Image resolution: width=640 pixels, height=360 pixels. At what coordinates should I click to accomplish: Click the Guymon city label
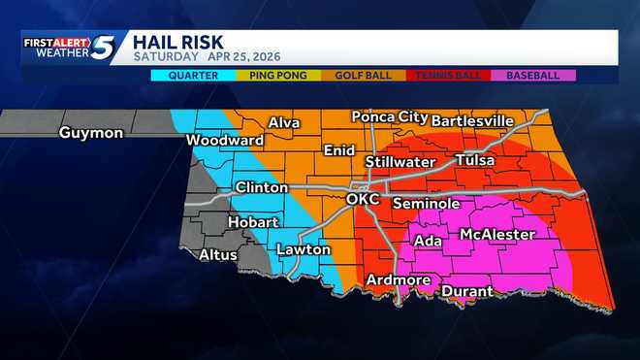tap(90, 133)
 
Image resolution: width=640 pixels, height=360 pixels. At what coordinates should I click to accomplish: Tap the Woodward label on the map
tap(225, 141)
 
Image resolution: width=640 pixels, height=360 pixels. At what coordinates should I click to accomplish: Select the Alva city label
tap(284, 123)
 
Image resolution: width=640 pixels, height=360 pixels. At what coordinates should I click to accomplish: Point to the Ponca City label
tap(389, 116)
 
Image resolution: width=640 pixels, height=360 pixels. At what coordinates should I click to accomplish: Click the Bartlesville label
tap(472, 120)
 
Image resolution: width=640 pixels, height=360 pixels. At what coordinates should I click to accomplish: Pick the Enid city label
tap(338, 151)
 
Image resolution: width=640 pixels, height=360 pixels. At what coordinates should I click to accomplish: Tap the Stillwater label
tap(400, 162)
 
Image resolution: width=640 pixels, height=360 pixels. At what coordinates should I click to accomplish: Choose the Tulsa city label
tap(474, 160)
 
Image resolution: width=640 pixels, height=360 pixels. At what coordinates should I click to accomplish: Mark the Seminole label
tap(426, 204)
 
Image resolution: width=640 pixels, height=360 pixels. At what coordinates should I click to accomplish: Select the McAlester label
tap(497, 235)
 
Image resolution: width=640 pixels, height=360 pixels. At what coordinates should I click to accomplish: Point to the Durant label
tap(466, 291)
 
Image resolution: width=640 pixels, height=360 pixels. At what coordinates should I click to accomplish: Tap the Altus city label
tap(217, 255)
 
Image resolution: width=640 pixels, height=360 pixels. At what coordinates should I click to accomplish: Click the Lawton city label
tap(304, 249)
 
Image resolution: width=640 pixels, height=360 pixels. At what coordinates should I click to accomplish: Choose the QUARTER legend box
tap(194, 75)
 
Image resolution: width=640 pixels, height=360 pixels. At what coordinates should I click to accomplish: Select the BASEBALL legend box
tap(533, 75)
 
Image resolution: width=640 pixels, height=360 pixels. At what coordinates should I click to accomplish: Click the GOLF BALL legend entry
tap(363, 75)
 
